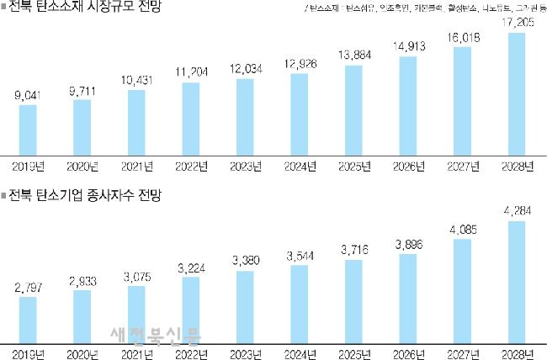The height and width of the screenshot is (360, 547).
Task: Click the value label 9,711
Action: [82, 87]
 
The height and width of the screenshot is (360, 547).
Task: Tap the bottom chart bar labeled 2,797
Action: [28, 319]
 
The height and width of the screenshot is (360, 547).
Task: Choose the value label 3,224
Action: [191, 267]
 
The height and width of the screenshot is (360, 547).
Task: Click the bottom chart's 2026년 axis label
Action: [408, 353]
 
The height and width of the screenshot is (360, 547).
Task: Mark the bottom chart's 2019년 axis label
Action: [28, 353]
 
